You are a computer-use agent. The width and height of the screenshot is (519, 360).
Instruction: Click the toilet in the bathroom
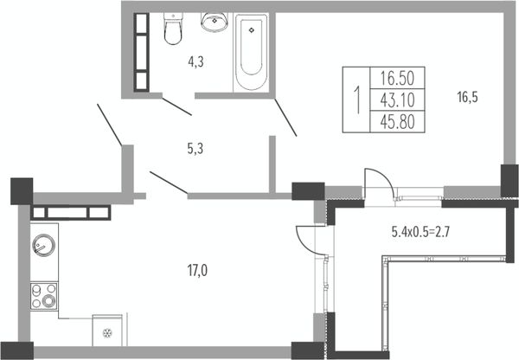click(173, 29)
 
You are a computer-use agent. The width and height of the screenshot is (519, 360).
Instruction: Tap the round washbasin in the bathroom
click(215, 22)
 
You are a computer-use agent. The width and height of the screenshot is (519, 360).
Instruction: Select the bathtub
click(251, 52)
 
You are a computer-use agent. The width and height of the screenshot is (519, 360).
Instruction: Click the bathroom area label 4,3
click(195, 62)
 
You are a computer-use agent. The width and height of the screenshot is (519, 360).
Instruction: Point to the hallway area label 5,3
click(195, 149)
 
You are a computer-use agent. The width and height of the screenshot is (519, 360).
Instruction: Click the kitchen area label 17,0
click(197, 271)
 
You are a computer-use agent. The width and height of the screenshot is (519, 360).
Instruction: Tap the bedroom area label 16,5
click(467, 98)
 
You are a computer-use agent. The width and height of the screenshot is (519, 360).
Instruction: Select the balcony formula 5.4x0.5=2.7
click(420, 232)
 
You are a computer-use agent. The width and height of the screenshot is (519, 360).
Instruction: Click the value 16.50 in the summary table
click(397, 78)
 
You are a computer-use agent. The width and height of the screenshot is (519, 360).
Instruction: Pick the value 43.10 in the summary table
click(397, 100)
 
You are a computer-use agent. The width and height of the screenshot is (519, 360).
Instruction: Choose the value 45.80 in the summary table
click(397, 121)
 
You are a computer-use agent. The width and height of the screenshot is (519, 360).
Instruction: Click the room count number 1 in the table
click(356, 100)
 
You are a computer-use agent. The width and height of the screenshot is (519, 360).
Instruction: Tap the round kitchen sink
click(44, 245)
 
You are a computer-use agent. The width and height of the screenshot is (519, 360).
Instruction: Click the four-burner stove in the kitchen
click(44, 296)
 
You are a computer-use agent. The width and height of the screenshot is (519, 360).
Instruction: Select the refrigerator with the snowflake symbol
click(107, 331)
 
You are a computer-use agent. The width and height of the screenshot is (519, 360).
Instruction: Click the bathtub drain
click(252, 30)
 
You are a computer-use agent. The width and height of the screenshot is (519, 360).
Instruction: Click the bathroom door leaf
click(176, 106)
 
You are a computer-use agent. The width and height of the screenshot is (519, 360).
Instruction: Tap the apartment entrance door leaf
click(109, 125)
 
